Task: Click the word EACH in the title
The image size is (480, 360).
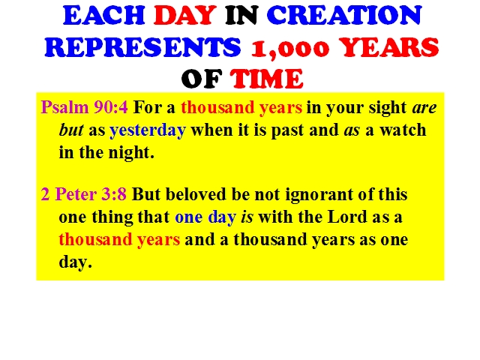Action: pyautogui.click(x=104, y=15)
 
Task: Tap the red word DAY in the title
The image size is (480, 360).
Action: pyautogui.click(x=185, y=15)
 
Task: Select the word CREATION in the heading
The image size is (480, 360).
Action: pyautogui.click(x=344, y=15)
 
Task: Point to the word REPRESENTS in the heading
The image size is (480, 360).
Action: pyautogui.click(x=143, y=47)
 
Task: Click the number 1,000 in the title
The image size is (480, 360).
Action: pyautogui.click(x=290, y=48)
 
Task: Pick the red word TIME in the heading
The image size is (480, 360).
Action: pyautogui.click(x=267, y=79)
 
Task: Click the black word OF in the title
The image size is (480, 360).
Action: pyautogui.click(x=202, y=79)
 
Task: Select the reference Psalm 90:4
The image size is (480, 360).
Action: pyautogui.click(x=85, y=108)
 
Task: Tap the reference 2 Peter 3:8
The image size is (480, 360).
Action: pyautogui.click(x=83, y=194)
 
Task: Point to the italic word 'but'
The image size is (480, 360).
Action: pyautogui.click(x=71, y=130)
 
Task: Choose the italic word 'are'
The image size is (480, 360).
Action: pyautogui.click(x=424, y=108)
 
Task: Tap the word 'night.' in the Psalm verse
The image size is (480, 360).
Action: pyautogui.click(x=131, y=153)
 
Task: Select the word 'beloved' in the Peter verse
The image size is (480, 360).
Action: pyautogui.click(x=198, y=194)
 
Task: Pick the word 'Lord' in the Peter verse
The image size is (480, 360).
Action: pyautogui.click(x=347, y=217)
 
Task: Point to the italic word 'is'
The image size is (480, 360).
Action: pyautogui.click(x=247, y=217)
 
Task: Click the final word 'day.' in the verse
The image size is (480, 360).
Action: pyautogui.click(x=75, y=262)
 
